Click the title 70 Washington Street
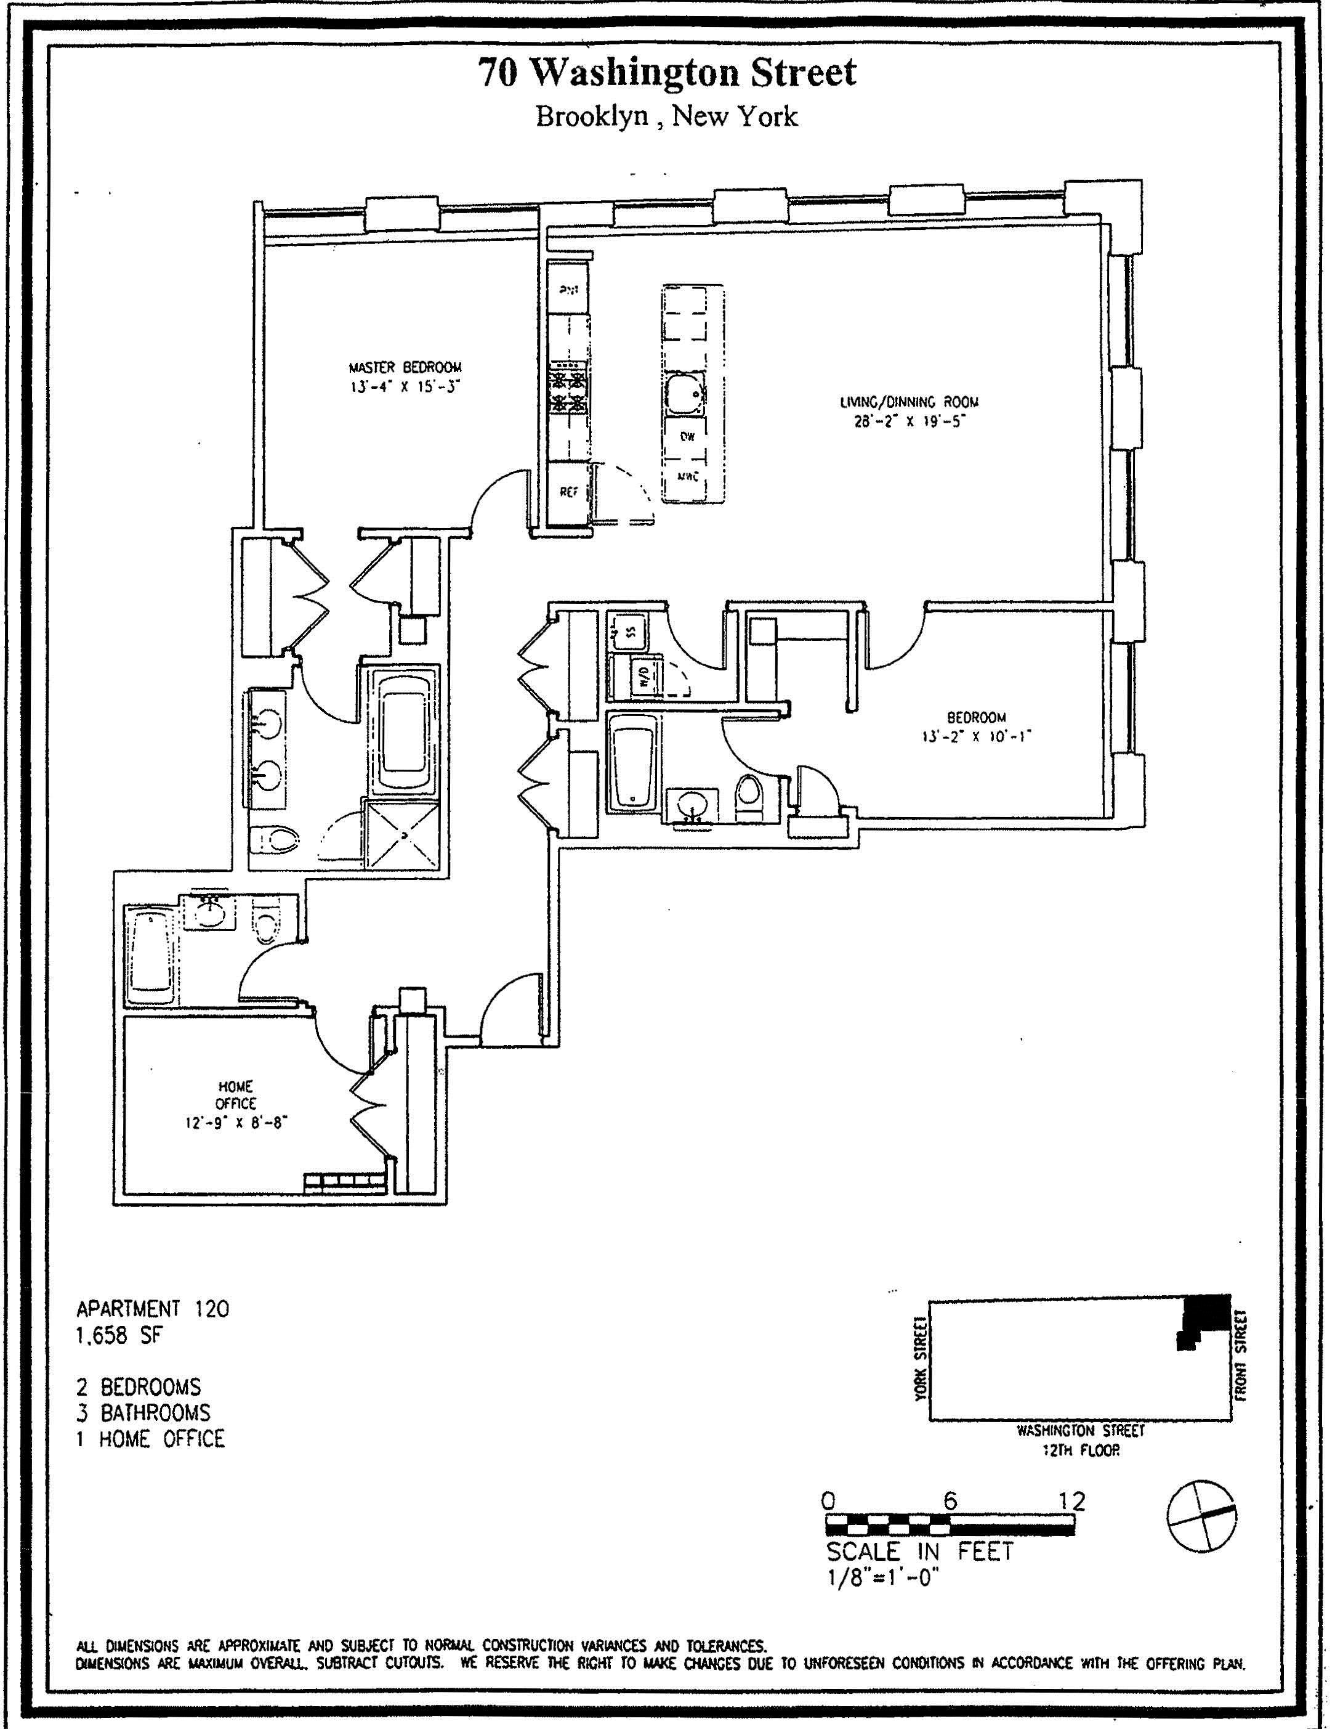pyautogui.click(x=666, y=73)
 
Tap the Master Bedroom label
pyautogui.click(x=405, y=367)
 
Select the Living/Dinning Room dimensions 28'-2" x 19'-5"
pyautogui.click(x=909, y=422)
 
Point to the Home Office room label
pyautogui.click(x=236, y=1095)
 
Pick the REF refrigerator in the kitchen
pyautogui.click(x=569, y=492)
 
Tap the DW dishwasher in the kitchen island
pyautogui.click(x=686, y=436)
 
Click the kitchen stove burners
pyautogui.click(x=569, y=388)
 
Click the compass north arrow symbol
pyautogui.click(x=1201, y=1515)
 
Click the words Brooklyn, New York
pyautogui.click(x=666, y=117)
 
